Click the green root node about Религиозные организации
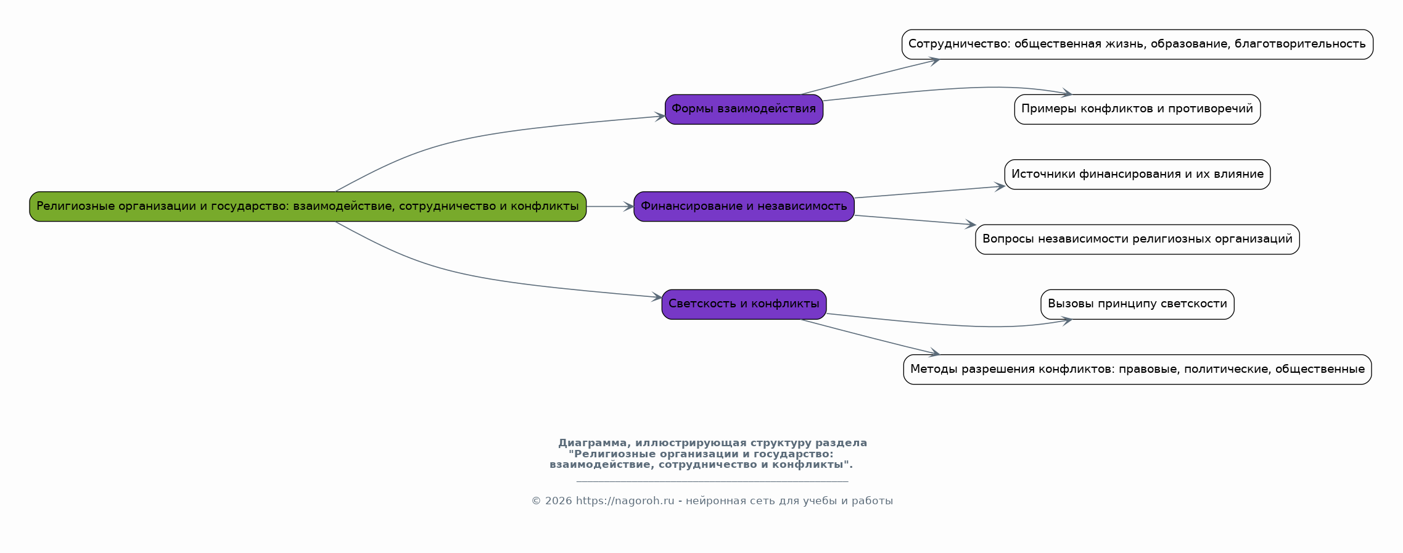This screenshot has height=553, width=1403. tap(308, 206)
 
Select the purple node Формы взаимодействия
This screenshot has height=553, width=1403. tap(743, 109)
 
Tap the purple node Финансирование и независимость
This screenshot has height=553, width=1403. tap(743, 206)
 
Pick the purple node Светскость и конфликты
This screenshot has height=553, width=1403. tap(743, 304)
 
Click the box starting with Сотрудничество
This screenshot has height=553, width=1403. tap(1137, 44)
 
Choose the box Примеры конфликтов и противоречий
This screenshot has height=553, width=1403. tap(1137, 109)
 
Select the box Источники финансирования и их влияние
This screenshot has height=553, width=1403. tap(1137, 174)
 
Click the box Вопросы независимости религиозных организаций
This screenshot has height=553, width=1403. tap(1137, 239)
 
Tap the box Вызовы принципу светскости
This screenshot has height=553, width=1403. tap(1137, 304)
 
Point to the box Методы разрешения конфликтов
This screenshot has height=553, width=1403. tap(1137, 369)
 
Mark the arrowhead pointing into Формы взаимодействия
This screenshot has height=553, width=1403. tap(660, 116)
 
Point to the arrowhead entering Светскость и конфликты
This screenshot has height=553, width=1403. tap(657, 297)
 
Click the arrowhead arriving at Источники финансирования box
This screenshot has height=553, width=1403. tap(1000, 186)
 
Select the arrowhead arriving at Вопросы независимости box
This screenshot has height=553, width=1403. tap(971, 225)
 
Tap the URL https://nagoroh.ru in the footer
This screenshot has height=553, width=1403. tap(625, 501)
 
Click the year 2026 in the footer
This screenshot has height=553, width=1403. tap(558, 501)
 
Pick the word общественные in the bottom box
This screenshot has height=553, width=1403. tap(1320, 369)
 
